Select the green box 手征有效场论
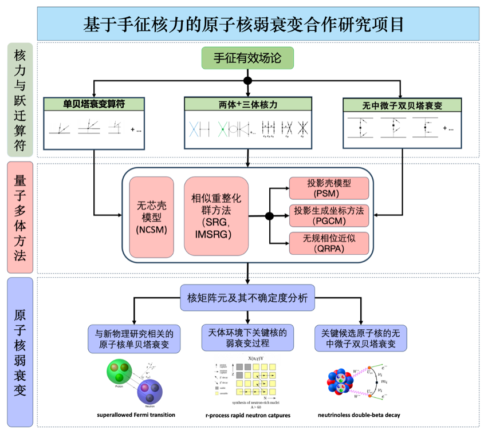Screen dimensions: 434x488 (248, 57)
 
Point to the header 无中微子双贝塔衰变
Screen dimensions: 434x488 (402, 105)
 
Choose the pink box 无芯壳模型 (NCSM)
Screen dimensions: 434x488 (151, 216)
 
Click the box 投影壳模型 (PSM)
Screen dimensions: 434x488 (329, 188)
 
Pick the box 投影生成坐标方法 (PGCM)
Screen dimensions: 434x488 (329, 215)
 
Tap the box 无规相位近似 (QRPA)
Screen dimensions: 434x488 (329, 243)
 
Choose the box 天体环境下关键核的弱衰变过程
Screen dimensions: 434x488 (247, 338)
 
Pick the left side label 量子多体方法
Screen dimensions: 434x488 (19, 216)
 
